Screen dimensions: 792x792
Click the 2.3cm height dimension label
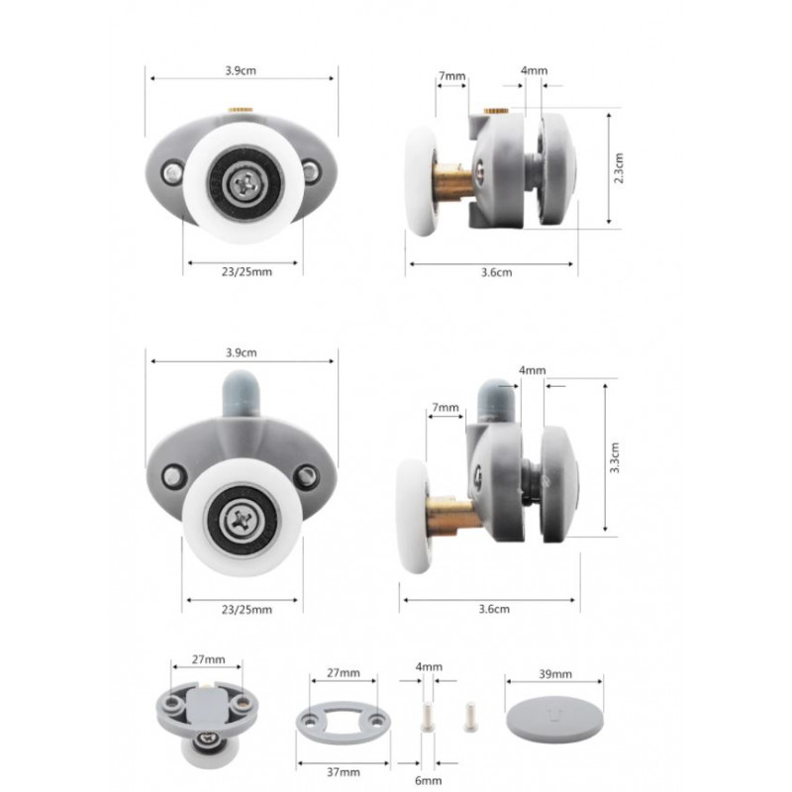pyautogui.click(x=619, y=167)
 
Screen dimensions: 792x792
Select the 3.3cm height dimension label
pyautogui.click(x=615, y=457)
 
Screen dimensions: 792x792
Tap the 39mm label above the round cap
pyautogui.click(x=555, y=674)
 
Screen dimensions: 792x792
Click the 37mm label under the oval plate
pyautogui.click(x=344, y=772)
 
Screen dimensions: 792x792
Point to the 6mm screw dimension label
pyautogui.click(x=428, y=780)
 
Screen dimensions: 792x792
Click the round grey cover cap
pyautogui.click(x=554, y=720)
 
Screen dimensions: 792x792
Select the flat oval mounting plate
pyautogui.click(x=343, y=723)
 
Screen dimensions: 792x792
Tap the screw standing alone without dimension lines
pyautogui.click(x=470, y=716)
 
